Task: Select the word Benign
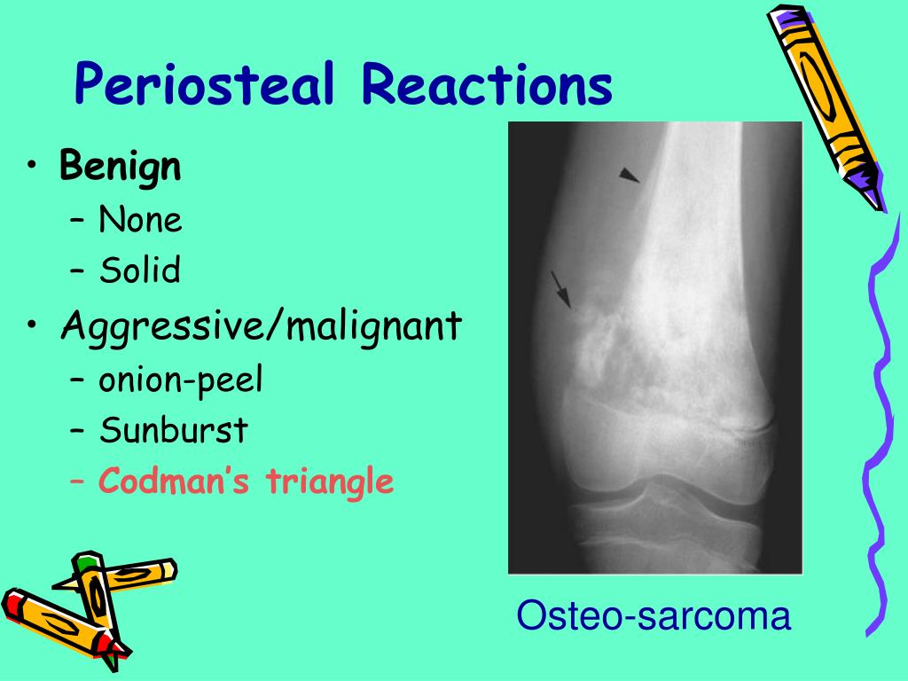click(121, 167)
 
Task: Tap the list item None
click(140, 219)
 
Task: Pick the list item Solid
click(139, 270)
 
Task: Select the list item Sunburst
click(173, 431)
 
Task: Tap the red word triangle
click(331, 483)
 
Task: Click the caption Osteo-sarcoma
click(654, 615)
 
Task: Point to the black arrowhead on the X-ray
click(629, 176)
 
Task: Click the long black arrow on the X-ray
click(560, 290)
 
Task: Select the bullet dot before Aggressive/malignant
click(33, 328)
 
